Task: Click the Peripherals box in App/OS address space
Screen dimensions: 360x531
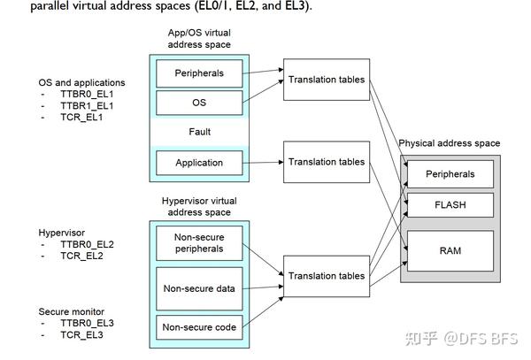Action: (x=199, y=73)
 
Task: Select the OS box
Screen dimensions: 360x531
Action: (x=199, y=102)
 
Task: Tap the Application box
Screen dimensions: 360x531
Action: (x=199, y=163)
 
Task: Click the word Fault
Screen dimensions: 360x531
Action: (x=199, y=132)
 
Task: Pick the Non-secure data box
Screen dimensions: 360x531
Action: (x=199, y=287)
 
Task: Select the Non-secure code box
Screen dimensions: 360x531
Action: (x=199, y=327)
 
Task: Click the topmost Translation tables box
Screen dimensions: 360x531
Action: (x=326, y=80)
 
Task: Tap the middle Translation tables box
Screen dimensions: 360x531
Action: (x=326, y=162)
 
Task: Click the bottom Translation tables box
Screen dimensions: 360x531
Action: (x=326, y=276)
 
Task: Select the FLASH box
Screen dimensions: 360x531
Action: (x=450, y=205)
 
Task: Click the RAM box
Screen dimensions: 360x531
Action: (x=450, y=250)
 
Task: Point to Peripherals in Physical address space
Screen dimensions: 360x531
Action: (x=450, y=174)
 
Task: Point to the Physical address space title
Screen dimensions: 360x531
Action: (x=450, y=142)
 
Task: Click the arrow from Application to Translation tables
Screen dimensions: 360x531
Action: (x=262, y=163)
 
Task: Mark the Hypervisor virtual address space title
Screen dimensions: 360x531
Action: (x=199, y=206)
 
